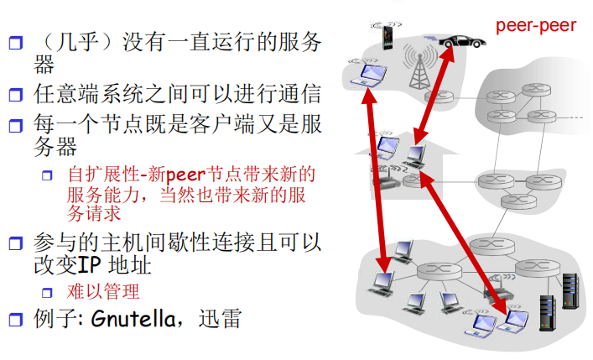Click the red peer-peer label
coord(535,25)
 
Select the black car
coord(456,40)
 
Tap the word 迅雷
coord(221,320)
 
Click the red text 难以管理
coord(103,292)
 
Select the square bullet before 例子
coord(14,320)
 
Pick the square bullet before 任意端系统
coord(14,94)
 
